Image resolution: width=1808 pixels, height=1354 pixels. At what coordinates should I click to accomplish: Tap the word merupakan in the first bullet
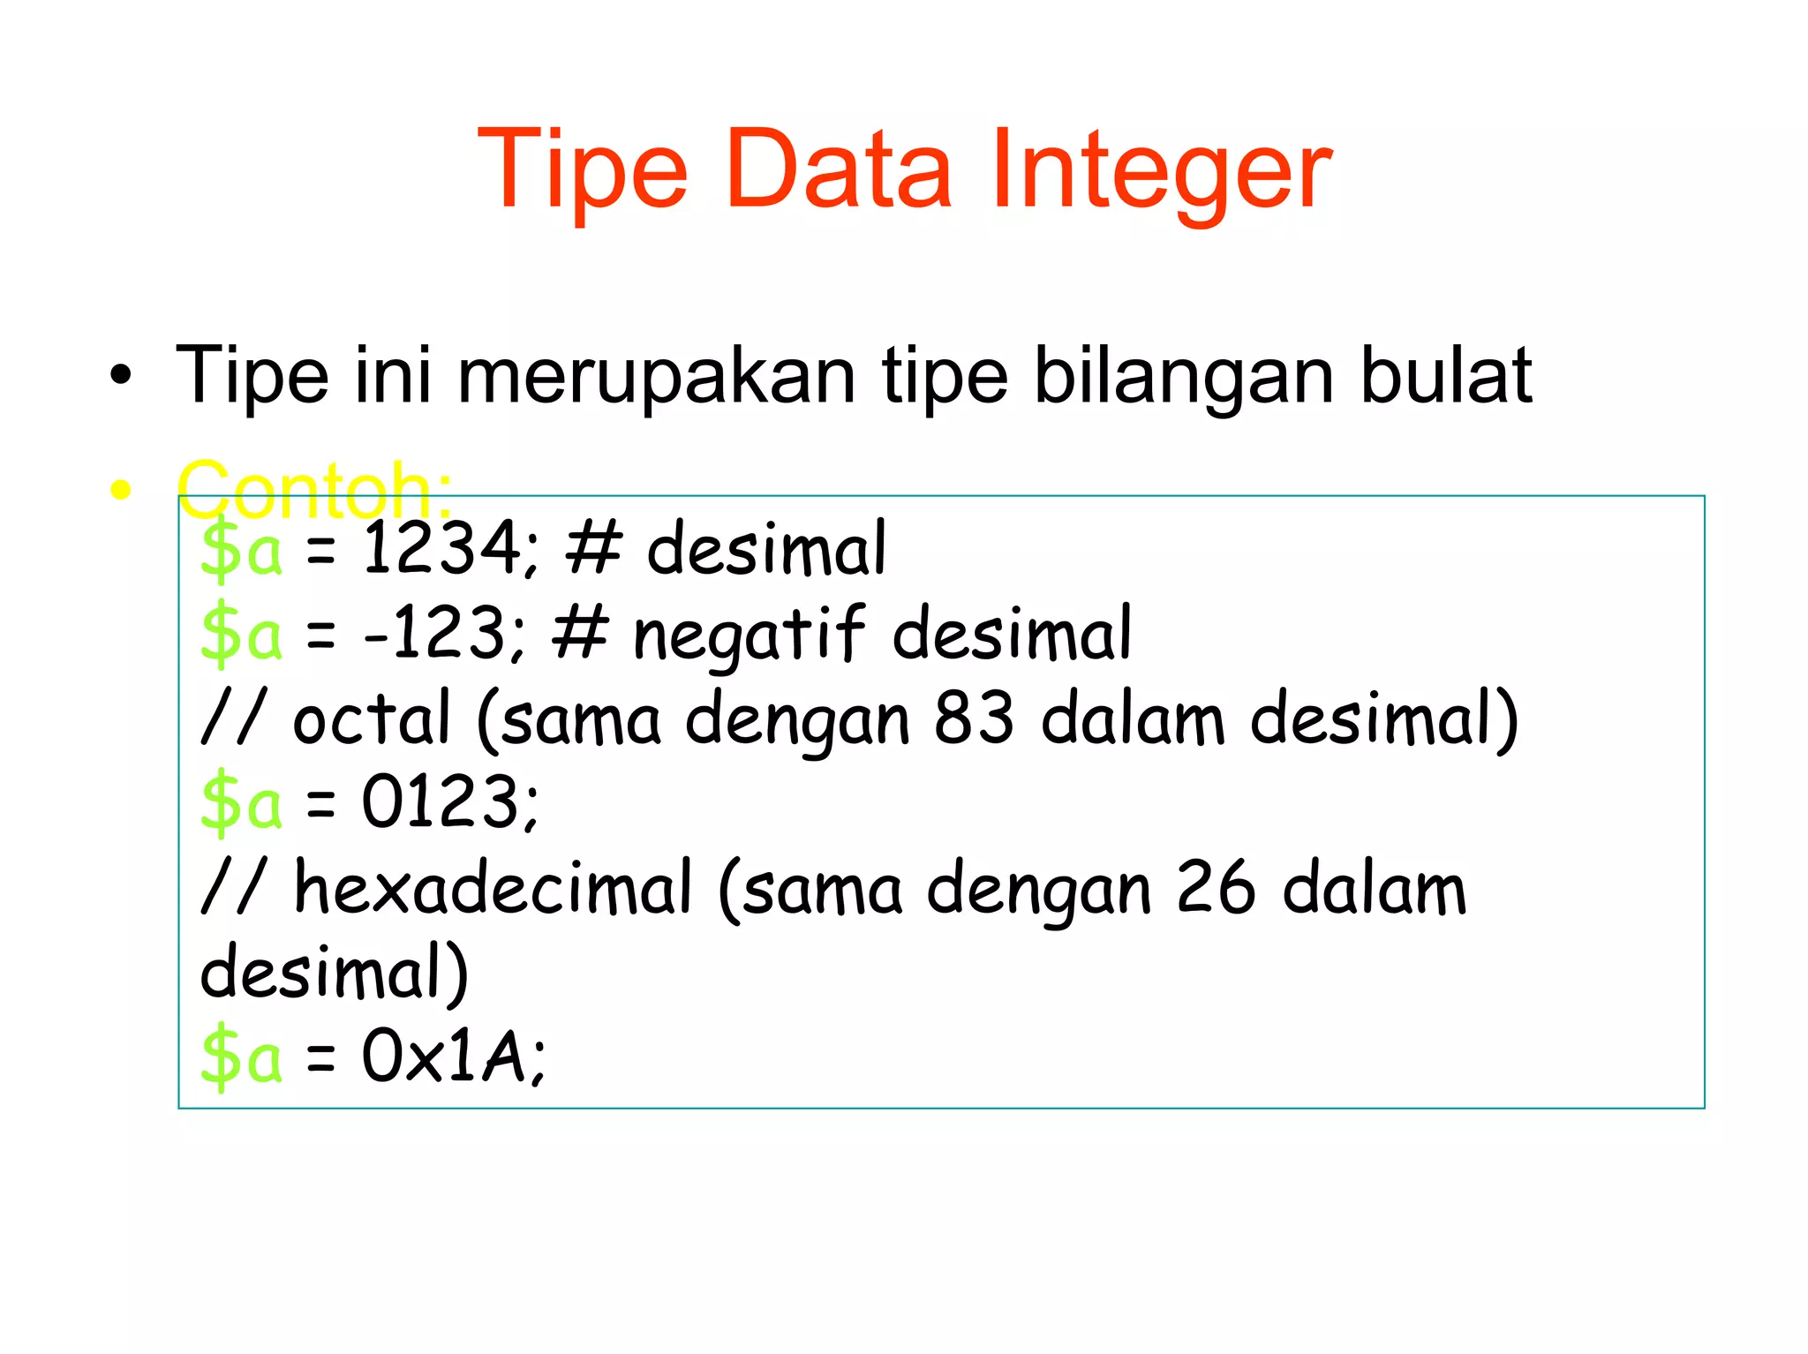coord(656,376)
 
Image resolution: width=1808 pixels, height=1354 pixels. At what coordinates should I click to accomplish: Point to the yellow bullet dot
coord(121,490)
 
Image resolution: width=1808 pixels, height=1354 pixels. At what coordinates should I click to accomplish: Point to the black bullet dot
coord(121,378)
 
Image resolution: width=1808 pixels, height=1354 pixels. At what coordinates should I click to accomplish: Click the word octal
coord(371,718)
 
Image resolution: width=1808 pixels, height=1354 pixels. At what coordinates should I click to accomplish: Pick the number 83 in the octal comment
coord(974,718)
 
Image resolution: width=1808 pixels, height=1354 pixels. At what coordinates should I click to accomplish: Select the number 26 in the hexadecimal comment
coord(1216,888)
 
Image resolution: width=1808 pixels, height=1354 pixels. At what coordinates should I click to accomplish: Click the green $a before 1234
coord(241,549)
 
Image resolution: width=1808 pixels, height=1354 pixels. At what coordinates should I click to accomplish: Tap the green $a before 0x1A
coord(241,1057)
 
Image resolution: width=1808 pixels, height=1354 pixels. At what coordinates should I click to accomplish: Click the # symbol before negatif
coord(580,633)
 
